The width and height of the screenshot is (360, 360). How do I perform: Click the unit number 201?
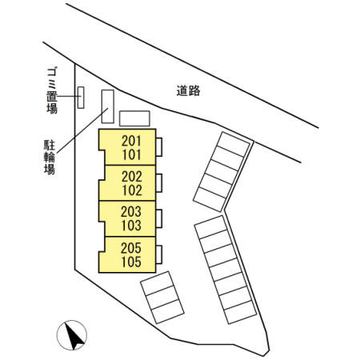pyautogui.click(x=131, y=141)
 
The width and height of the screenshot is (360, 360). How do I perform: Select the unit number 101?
pyautogui.click(x=131, y=155)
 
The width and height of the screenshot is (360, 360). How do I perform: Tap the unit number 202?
pyautogui.click(x=132, y=176)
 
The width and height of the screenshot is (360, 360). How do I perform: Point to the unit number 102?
pyautogui.click(x=132, y=190)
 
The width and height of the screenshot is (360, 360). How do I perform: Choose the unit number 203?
pyautogui.click(x=131, y=212)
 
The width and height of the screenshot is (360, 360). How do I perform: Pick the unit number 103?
pyautogui.click(x=131, y=226)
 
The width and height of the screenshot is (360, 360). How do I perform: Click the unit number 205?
pyautogui.click(x=131, y=248)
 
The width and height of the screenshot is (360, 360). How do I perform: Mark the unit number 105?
pyautogui.click(x=131, y=262)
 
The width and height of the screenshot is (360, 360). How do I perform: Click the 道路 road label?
pyautogui.click(x=188, y=90)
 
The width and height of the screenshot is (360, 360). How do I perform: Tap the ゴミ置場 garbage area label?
pyautogui.click(x=52, y=91)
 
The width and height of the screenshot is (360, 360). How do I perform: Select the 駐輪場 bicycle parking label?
pyautogui.click(x=50, y=157)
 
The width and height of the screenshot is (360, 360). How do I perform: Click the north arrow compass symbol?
pyautogui.click(x=72, y=335)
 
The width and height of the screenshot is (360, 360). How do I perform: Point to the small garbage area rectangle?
pyautogui.click(x=81, y=98)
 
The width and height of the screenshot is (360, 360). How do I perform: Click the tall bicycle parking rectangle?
pyautogui.click(x=108, y=106)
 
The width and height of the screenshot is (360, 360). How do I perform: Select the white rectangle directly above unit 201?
pyautogui.click(x=134, y=118)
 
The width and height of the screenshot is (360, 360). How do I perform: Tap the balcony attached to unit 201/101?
pyautogui.click(x=159, y=147)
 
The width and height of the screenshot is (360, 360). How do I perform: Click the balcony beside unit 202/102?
pyautogui.click(x=159, y=183)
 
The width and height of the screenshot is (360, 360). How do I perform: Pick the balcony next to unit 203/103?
pyautogui.click(x=159, y=218)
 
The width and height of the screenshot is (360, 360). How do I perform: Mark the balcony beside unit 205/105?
pyautogui.click(x=159, y=254)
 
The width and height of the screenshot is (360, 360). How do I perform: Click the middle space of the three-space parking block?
pyautogui.click(x=162, y=298)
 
